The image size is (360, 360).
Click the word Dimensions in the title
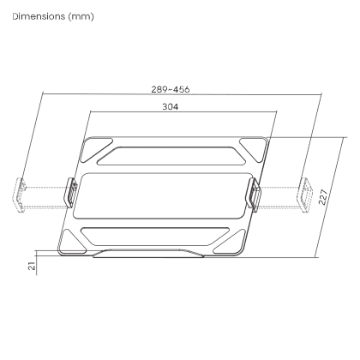click(x=39, y=16)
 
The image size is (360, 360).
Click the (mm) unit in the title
click(x=81, y=17)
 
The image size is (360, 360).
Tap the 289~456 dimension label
click(x=171, y=89)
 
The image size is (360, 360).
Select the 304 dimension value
click(x=171, y=107)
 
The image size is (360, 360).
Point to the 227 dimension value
click(x=323, y=197)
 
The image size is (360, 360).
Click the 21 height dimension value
click(x=33, y=266)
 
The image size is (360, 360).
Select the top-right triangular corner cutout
click(x=254, y=148)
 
